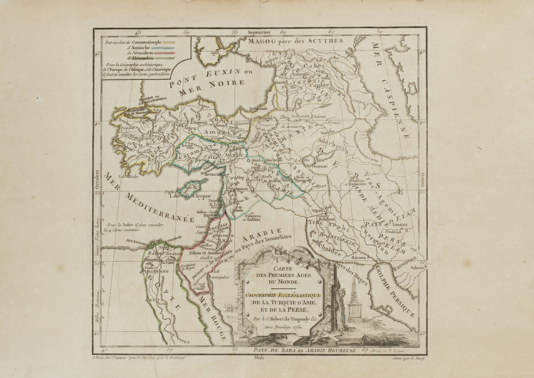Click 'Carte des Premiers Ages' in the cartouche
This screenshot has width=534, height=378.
pos(278,276)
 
